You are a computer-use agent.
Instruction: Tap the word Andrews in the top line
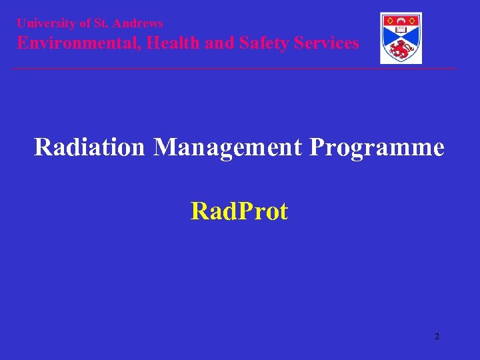point(139,23)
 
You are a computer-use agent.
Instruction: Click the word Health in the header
point(171,43)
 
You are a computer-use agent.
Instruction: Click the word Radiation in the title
point(89,147)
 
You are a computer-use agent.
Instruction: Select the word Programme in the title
point(377,147)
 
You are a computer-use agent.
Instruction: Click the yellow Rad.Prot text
point(239,211)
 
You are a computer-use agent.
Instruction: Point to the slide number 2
point(437,337)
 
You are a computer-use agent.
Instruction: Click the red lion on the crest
point(401,49)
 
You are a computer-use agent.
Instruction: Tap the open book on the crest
point(401,29)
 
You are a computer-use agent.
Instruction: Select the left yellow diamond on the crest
point(387,20)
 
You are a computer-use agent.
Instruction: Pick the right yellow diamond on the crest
point(415,20)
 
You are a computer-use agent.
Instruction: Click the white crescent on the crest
point(401,19)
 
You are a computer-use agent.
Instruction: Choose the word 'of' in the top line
point(84,23)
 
